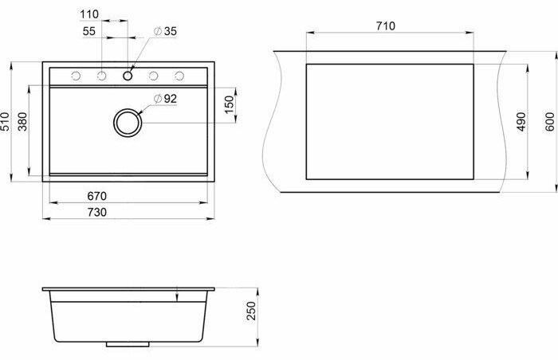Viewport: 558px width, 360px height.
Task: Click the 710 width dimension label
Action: (x=385, y=26)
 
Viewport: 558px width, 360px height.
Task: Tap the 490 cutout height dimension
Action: (x=520, y=120)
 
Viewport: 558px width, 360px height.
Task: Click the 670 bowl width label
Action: (x=96, y=195)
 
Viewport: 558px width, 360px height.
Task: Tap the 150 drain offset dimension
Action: (x=230, y=104)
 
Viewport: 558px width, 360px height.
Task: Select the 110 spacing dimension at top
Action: (x=89, y=14)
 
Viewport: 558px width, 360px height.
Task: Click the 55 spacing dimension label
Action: (x=89, y=30)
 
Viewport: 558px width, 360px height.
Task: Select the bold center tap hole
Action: (x=128, y=76)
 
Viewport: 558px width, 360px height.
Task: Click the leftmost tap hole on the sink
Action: (x=76, y=76)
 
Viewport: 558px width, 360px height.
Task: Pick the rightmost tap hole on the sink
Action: (x=179, y=76)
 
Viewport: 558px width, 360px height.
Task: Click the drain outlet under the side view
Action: (x=128, y=346)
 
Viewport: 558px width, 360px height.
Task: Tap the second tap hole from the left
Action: (x=102, y=76)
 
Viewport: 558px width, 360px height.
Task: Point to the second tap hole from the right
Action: (x=154, y=76)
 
